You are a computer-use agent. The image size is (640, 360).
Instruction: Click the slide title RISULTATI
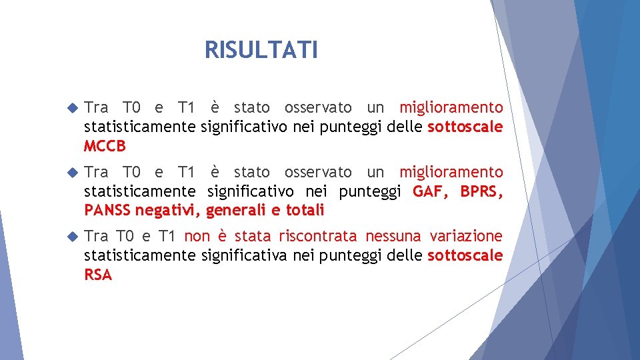[x=261, y=50]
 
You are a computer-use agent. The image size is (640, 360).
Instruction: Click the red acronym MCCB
[x=105, y=146]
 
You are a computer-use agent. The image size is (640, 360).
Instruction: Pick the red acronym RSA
[x=98, y=275]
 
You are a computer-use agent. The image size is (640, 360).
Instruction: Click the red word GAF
[x=431, y=192]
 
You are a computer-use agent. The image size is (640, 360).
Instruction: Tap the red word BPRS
[x=482, y=192]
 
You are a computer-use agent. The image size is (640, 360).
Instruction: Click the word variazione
[x=466, y=236]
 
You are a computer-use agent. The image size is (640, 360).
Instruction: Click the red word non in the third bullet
[x=197, y=236]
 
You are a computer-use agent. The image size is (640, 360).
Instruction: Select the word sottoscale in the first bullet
[x=465, y=127]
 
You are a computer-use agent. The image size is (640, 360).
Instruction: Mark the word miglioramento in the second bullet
[x=451, y=172]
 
